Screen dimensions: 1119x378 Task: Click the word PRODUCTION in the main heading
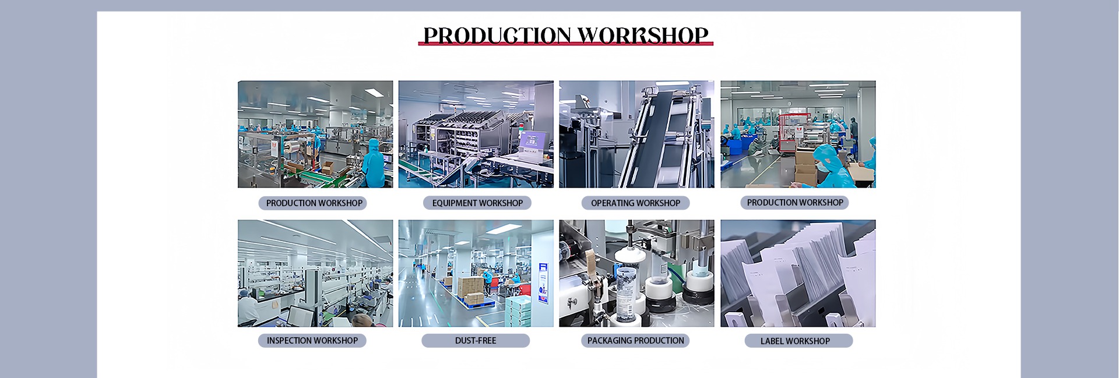[x=497, y=36]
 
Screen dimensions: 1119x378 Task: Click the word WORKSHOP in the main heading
[x=643, y=36]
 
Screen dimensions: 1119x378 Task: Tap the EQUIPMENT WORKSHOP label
[x=477, y=203]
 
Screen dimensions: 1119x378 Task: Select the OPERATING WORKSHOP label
[x=635, y=203]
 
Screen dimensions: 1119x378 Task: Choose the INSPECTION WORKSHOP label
[x=312, y=340]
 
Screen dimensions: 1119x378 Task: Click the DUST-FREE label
[x=476, y=340]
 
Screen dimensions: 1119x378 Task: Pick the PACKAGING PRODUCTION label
[x=635, y=340]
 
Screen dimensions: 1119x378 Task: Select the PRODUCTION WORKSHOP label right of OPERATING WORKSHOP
[x=794, y=202]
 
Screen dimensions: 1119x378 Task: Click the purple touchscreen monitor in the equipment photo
[x=534, y=141]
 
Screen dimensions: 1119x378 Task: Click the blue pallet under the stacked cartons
[x=477, y=301]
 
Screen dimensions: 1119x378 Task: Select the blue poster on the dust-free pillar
[x=543, y=282]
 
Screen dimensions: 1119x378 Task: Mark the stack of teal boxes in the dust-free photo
[x=519, y=311]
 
